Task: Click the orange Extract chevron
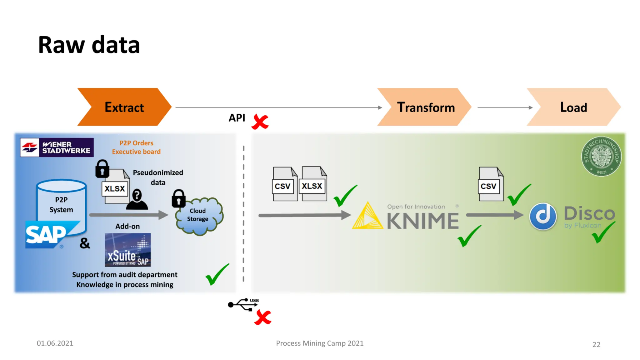[124, 107]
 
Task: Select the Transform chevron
[425, 107]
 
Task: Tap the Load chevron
[573, 107]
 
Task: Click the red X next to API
[260, 122]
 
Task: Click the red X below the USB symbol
[262, 318]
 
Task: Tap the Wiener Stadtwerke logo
[57, 147]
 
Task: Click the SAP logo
[47, 235]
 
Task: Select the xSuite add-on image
[127, 250]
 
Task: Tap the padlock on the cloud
[178, 199]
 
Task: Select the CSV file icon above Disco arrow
[490, 184]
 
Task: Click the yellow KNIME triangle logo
[367, 217]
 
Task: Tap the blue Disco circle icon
[543, 216]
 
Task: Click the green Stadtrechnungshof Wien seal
[601, 156]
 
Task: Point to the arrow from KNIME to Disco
[494, 215]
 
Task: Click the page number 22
[596, 344]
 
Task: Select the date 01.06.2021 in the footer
[55, 343]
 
